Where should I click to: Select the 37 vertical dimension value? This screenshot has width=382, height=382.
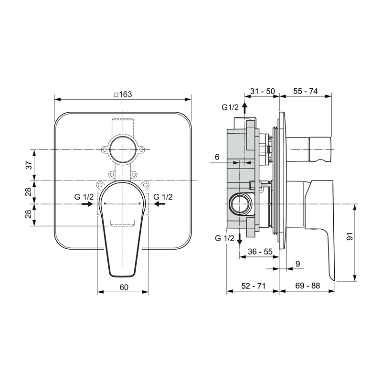click(29, 165)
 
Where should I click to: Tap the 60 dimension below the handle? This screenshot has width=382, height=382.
click(124, 287)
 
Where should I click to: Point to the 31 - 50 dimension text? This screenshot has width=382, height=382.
click(263, 91)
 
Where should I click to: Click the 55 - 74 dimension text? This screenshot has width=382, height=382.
click(306, 91)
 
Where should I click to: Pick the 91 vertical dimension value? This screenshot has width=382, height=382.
click(350, 236)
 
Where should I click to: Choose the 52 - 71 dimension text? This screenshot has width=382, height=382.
click(254, 286)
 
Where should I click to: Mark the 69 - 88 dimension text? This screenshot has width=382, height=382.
click(308, 286)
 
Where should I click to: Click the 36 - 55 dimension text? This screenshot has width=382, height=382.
click(260, 252)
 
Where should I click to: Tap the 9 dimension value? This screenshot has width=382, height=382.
click(297, 264)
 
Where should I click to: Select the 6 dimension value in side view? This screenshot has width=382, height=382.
click(217, 157)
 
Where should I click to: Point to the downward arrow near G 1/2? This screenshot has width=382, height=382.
click(240, 239)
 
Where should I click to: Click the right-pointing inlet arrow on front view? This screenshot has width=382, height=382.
click(87, 204)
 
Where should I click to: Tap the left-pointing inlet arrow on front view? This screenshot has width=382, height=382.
click(160, 204)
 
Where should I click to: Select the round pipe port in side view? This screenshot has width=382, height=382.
click(240, 204)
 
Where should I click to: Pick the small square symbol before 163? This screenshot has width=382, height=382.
click(116, 95)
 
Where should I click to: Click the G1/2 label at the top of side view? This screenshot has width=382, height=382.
click(230, 107)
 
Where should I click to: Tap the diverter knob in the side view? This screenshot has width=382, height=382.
click(308, 149)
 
